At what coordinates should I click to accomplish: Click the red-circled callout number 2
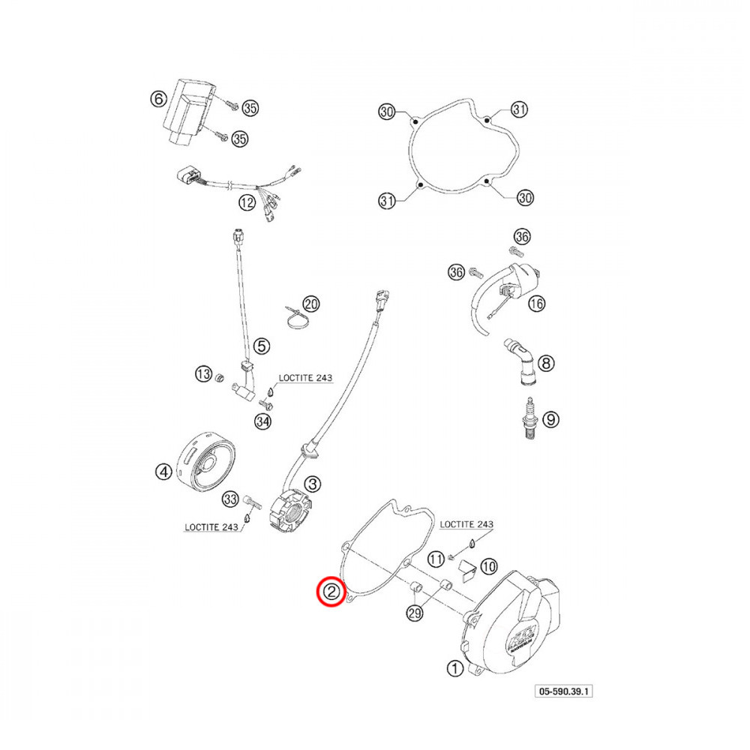coord(330,591)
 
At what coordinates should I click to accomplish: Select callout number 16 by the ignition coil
coord(535,303)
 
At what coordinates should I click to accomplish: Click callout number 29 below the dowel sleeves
coord(414,613)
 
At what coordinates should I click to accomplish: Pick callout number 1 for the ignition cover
coord(454,667)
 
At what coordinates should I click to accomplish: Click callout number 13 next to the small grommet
coord(203,374)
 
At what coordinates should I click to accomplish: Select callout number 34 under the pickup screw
coord(262,421)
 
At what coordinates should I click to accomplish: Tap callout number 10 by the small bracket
coord(488,566)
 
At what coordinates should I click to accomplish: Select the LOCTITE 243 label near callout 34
coord(305,378)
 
